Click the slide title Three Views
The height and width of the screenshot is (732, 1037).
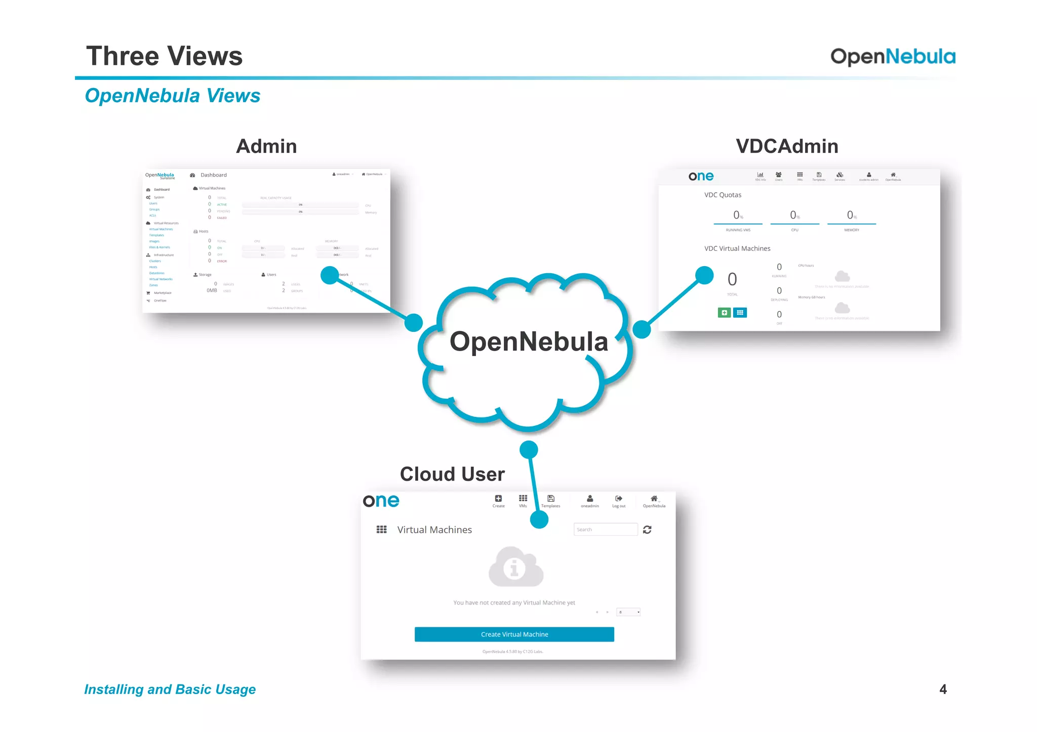point(164,56)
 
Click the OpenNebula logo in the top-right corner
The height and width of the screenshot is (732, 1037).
point(893,57)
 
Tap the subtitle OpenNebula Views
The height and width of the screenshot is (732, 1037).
point(172,96)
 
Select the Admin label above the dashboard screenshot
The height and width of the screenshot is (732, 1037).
point(266,146)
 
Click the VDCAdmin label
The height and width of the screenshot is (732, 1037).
point(787,146)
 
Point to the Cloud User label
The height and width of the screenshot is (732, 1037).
point(452,474)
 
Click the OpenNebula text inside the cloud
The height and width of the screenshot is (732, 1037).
point(528,341)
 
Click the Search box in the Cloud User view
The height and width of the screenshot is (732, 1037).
point(605,529)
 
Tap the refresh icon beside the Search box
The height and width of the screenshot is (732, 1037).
point(647,529)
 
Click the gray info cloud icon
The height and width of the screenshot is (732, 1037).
point(515,567)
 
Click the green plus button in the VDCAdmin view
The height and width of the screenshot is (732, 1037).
point(724,313)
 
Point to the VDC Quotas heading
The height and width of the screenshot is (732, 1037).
point(723,195)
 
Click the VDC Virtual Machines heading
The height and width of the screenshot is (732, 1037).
point(737,248)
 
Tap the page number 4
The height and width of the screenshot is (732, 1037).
point(943,689)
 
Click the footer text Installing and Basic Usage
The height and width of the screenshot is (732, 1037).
point(170,690)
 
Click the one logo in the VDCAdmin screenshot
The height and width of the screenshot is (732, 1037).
point(701,176)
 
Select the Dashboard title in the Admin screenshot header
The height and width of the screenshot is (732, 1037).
point(213,175)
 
